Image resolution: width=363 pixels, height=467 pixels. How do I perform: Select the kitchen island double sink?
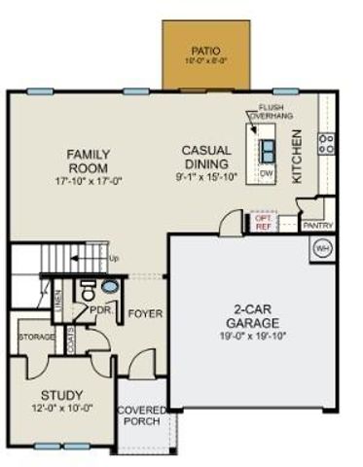tap(267, 148)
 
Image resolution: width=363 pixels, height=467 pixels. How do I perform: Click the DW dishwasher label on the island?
tap(267, 173)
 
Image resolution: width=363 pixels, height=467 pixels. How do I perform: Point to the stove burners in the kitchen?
tap(327, 145)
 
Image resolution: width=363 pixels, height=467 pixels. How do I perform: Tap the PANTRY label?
tap(318, 225)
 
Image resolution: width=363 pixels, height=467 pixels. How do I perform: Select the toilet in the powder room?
tap(89, 291)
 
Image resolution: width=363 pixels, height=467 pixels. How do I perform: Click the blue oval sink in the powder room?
tap(110, 289)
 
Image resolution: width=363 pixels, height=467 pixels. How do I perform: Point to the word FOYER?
tap(145, 314)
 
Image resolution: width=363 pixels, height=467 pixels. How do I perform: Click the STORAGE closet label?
tap(36, 337)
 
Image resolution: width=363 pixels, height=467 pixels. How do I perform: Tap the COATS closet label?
tap(72, 338)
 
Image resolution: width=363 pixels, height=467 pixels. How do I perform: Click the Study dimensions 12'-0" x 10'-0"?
tap(60, 409)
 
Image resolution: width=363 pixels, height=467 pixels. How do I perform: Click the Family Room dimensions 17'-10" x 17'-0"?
tap(89, 180)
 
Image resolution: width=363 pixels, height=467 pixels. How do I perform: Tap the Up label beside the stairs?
tap(114, 258)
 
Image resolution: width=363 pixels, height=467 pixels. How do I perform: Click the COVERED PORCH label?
tap(142, 416)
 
